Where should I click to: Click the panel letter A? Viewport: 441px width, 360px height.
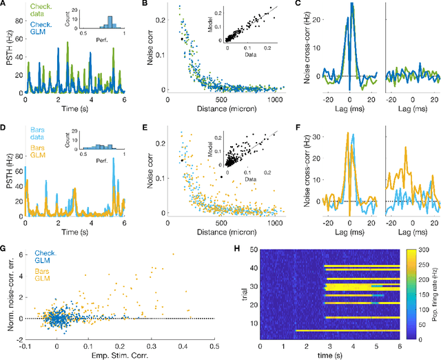click(4, 6)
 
